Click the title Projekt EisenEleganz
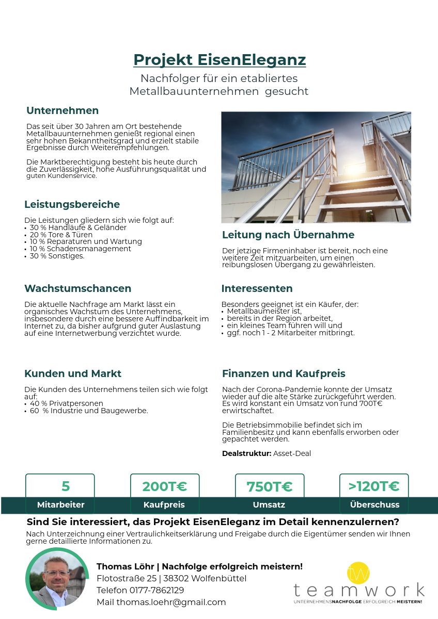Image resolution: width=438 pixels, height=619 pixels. (220, 60)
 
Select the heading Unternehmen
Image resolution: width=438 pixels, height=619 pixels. (62, 110)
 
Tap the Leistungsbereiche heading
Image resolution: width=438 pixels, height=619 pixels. (72, 204)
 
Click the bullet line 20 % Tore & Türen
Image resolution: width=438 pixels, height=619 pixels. (61, 235)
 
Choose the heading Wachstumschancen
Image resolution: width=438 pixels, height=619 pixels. (77, 288)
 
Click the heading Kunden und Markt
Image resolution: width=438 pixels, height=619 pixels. (73, 373)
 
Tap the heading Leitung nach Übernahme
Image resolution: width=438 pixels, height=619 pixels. (288, 235)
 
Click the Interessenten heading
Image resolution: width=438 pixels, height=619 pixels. (257, 288)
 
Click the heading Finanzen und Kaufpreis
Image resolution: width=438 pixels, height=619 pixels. (284, 373)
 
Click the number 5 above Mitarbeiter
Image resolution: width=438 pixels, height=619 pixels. (66, 486)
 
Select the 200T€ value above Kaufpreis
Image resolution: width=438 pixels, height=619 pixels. (164, 486)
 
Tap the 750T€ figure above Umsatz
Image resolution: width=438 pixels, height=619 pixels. (269, 486)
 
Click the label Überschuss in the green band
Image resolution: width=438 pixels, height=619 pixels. (374, 504)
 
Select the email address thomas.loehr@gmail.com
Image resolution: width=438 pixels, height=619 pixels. (171, 602)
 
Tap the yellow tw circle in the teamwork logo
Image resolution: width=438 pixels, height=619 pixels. (358, 573)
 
